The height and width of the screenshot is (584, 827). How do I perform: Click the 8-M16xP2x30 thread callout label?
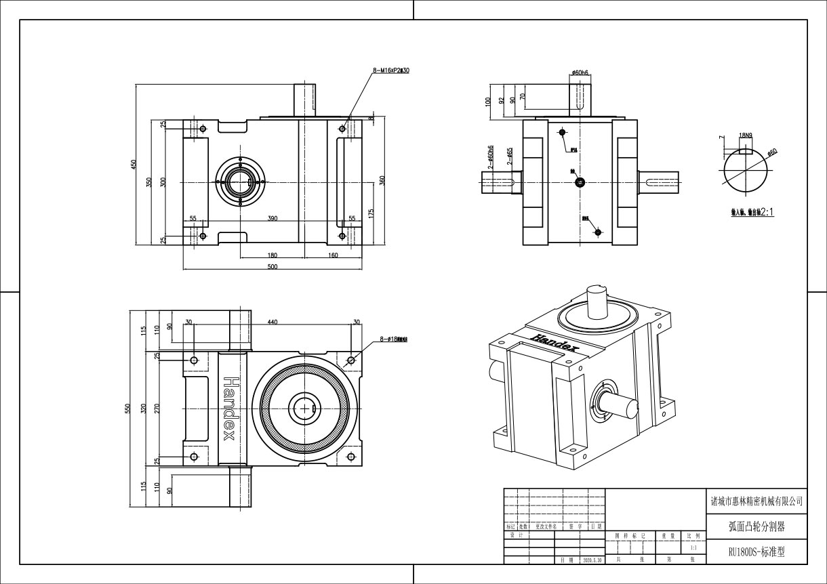391,70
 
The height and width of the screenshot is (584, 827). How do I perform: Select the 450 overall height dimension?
134,164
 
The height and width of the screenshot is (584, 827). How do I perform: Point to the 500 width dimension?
273,267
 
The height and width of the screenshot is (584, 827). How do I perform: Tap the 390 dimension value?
273,219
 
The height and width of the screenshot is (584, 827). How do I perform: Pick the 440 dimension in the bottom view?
273,322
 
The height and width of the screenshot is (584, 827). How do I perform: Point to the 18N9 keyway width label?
746,135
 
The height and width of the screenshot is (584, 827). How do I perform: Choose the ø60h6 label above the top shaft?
580,72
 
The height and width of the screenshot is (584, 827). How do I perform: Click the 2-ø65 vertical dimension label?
510,157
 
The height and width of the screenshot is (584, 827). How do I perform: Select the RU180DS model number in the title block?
757,552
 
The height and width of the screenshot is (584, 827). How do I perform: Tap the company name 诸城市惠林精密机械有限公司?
757,502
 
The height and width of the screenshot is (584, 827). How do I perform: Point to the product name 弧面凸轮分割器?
757,526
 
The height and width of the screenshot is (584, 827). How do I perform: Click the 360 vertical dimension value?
382,180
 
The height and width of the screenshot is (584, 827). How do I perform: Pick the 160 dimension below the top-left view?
333,255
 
